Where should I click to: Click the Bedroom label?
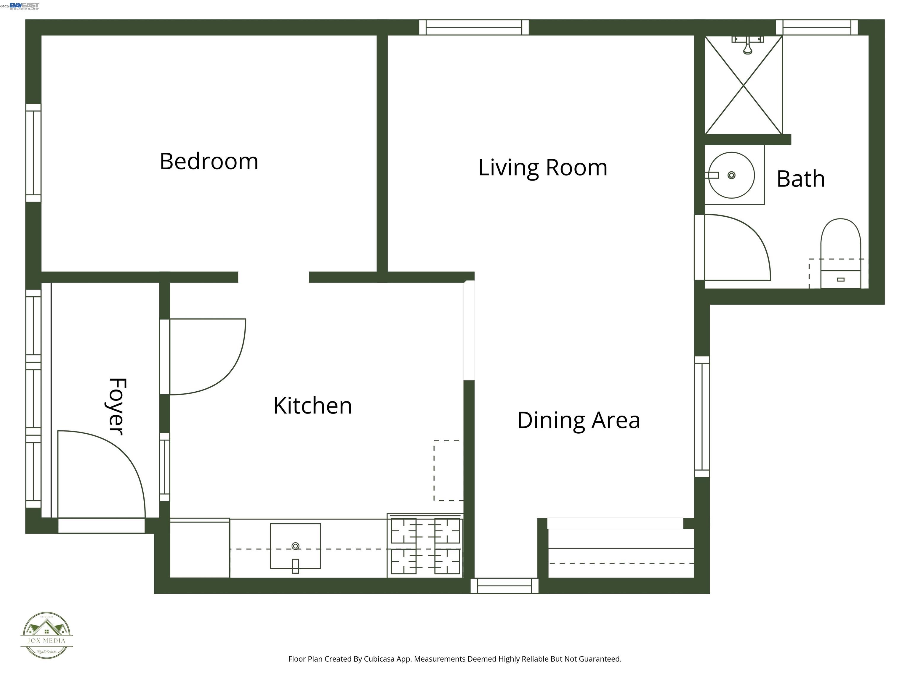[x=209, y=161]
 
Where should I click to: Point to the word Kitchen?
[x=312, y=406]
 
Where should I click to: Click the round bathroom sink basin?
[x=731, y=176]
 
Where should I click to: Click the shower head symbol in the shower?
[x=747, y=45]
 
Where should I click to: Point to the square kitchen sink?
[x=295, y=546]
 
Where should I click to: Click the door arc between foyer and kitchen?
[x=214, y=362]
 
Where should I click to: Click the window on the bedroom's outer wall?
[x=33, y=153]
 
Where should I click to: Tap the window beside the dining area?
[x=702, y=416]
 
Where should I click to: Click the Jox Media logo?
[x=47, y=635]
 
